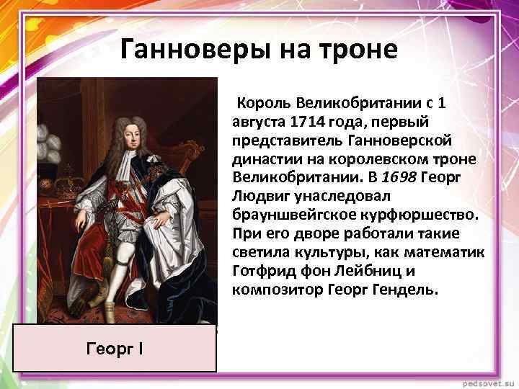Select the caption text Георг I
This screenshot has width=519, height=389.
click(x=114, y=349)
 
